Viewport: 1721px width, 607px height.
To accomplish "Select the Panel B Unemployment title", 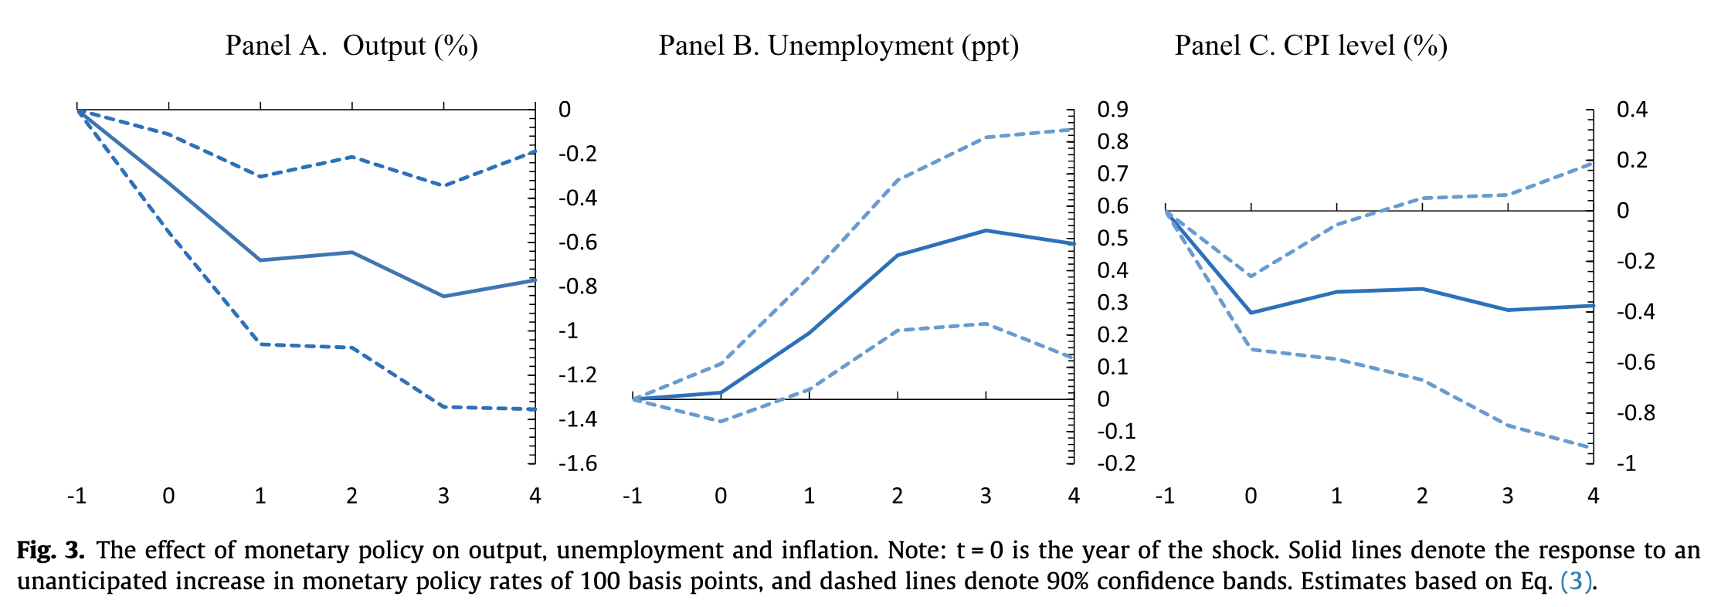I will pyautogui.click(x=838, y=46).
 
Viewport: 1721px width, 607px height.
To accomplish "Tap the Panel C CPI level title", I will pyautogui.click(x=1310, y=46).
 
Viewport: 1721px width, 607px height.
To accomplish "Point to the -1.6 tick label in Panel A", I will pyautogui.click(x=578, y=463).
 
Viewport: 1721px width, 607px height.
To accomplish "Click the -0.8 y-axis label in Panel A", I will pyautogui.click(x=578, y=287).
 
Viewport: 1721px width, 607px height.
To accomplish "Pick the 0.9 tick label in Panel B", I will pyautogui.click(x=1112, y=110).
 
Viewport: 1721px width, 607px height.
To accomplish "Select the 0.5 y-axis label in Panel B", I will pyautogui.click(x=1112, y=238).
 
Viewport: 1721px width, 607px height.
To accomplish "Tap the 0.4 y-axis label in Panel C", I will pyautogui.click(x=1632, y=110).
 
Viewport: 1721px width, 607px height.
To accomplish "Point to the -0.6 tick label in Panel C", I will pyautogui.click(x=1635, y=362).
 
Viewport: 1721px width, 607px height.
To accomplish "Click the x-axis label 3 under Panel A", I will pyautogui.click(x=443, y=496).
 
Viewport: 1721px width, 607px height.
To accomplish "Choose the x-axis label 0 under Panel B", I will pyautogui.click(x=721, y=496).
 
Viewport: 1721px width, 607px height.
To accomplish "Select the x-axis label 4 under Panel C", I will pyautogui.click(x=1593, y=496).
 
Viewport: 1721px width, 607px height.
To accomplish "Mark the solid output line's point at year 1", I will pyautogui.click(x=260, y=260).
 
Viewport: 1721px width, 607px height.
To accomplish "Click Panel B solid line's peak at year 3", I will pyautogui.click(x=986, y=230).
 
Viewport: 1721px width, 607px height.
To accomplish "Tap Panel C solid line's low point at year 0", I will pyautogui.click(x=1251, y=313).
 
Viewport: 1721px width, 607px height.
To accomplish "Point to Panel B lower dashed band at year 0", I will pyautogui.click(x=721, y=421).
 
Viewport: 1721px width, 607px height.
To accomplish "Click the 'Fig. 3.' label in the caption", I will pyautogui.click(x=51, y=551).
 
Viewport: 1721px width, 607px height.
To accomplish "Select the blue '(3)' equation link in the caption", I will pyautogui.click(x=1576, y=581).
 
